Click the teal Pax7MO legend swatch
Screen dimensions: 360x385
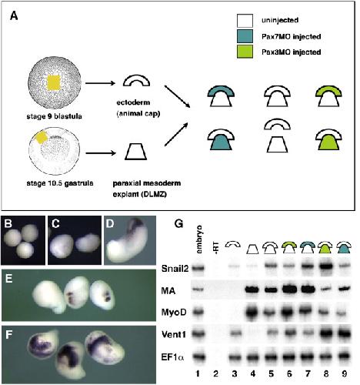tap(245, 36)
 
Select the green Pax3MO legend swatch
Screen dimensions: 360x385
tap(245, 52)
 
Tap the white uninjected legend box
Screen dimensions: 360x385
tap(245, 21)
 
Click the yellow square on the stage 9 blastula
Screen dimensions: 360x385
tap(54, 82)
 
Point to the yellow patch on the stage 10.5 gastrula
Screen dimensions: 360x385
tap(41, 137)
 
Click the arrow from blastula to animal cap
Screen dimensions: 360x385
tap(100, 83)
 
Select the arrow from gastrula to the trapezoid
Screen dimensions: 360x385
tap(101, 153)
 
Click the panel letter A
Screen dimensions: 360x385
tap(14, 16)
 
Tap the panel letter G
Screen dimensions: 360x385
tap(178, 224)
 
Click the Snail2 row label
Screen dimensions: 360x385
tap(175, 269)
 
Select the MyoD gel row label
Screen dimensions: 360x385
tap(174, 313)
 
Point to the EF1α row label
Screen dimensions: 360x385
tap(172, 357)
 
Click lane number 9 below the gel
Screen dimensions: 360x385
tap(344, 373)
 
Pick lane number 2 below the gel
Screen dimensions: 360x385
tap(215, 373)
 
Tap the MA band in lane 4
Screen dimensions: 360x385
tap(253, 290)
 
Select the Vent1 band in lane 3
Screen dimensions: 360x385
tap(234, 333)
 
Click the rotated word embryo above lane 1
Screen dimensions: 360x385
tap(198, 239)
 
